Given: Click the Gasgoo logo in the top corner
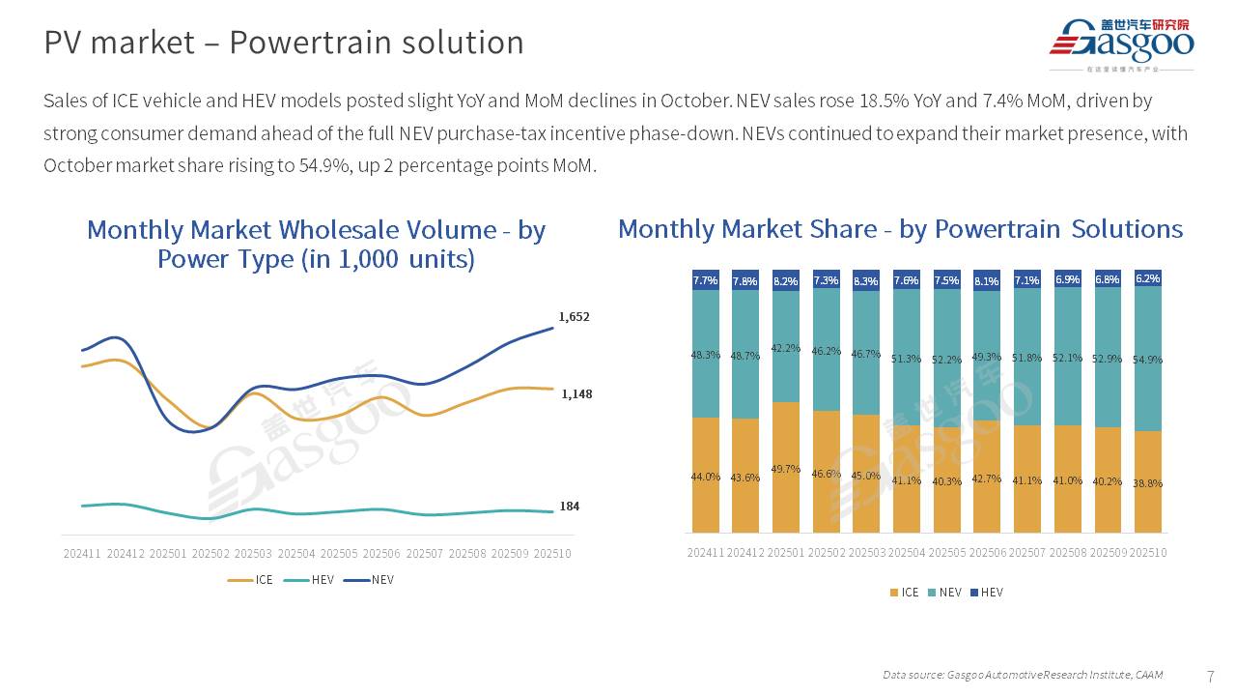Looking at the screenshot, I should pyautogui.click(x=1122, y=43).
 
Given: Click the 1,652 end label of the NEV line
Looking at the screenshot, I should pyautogui.click(x=574, y=317).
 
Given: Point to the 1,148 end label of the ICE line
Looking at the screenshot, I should pyautogui.click(x=576, y=394).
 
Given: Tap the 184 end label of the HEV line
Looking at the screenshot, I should pyautogui.click(x=570, y=507).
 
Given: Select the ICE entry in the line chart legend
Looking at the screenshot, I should pyautogui.click(x=251, y=580).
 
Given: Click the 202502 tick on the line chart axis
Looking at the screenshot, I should pyautogui.click(x=211, y=554).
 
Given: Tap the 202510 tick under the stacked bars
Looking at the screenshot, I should pyautogui.click(x=1148, y=553).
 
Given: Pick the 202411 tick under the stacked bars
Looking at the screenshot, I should pyautogui.click(x=706, y=553).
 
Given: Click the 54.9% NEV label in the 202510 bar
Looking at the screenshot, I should pyautogui.click(x=1148, y=360).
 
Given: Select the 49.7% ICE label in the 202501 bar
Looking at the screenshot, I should pyautogui.click(x=786, y=469).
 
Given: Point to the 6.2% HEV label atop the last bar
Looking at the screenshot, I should pyautogui.click(x=1148, y=278).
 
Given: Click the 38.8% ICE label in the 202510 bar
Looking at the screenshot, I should pyautogui.click(x=1148, y=483).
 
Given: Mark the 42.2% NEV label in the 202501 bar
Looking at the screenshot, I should pyautogui.click(x=786, y=349).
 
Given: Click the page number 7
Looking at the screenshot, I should pyautogui.click(x=1211, y=675).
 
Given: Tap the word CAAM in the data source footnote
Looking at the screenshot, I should pyautogui.click(x=1148, y=675).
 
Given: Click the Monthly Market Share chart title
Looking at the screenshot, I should pyautogui.click(x=900, y=229).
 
